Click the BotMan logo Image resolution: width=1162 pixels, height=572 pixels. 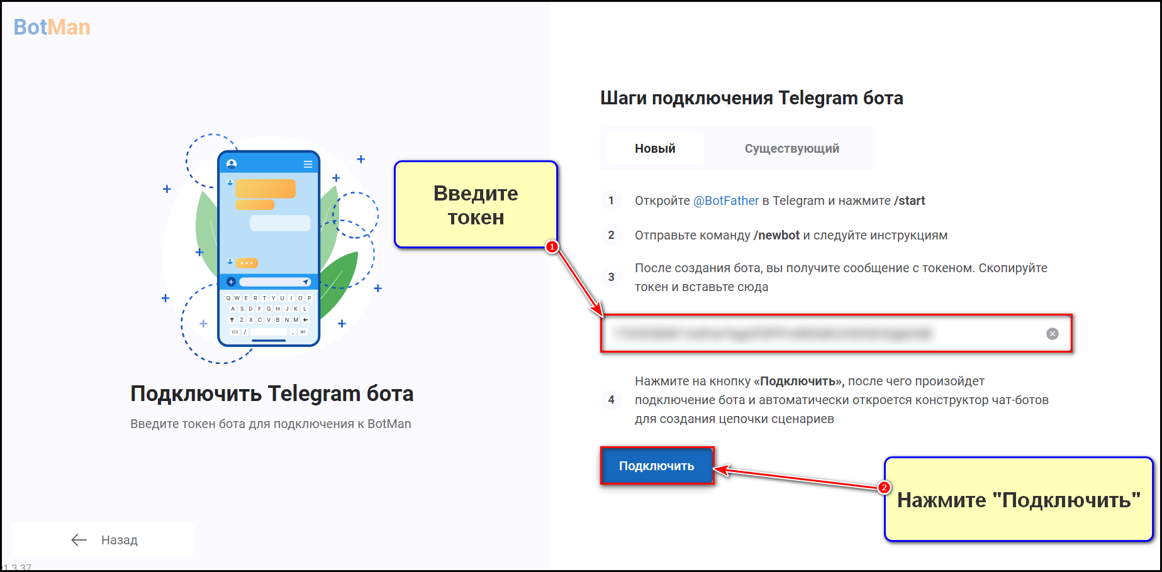click(x=52, y=27)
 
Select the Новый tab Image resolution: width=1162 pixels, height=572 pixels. click(x=655, y=149)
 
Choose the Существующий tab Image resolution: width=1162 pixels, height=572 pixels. click(x=791, y=149)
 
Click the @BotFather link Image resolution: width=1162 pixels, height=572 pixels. click(x=726, y=201)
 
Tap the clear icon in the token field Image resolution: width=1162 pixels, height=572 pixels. click(x=1052, y=334)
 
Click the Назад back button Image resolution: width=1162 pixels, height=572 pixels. click(x=104, y=540)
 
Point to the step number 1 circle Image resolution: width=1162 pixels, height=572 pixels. click(x=611, y=201)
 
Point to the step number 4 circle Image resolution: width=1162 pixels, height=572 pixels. click(x=611, y=400)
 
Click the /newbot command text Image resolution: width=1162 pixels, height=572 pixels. click(x=776, y=236)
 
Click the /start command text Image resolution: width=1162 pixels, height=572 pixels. click(x=909, y=201)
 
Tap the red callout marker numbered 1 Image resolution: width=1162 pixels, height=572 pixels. click(x=552, y=247)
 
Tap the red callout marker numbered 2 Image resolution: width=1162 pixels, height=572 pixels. click(x=884, y=488)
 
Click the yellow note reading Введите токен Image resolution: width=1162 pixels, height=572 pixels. click(x=476, y=205)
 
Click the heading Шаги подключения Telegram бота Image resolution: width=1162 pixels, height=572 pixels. click(x=751, y=98)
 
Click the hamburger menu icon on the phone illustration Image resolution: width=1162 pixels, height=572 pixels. click(x=308, y=164)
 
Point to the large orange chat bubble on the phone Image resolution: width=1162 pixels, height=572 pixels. click(x=265, y=189)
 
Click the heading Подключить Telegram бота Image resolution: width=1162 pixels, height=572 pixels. click(x=272, y=393)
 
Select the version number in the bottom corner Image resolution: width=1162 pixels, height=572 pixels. click(x=16, y=568)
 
